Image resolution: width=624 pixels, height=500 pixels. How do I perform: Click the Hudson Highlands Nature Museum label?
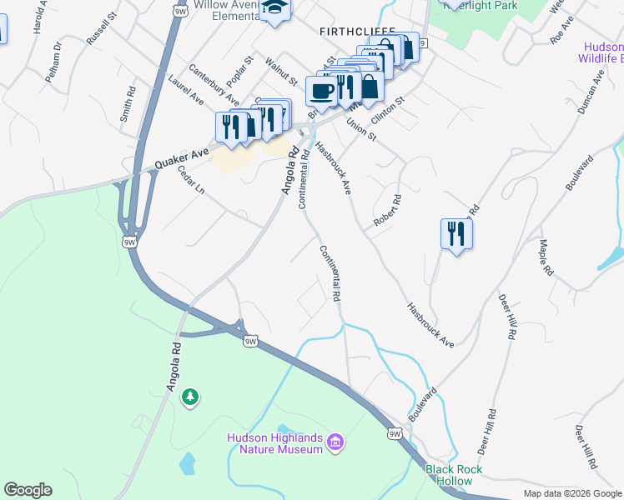274,444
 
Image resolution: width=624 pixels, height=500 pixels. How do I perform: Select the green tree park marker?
191,397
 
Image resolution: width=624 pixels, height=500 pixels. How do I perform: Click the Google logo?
28,490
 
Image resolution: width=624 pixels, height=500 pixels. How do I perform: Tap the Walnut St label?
281,72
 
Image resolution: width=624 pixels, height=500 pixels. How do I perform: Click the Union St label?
361,130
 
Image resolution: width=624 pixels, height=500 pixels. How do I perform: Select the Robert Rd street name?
388,212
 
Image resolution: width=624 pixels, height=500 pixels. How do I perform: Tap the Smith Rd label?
127,105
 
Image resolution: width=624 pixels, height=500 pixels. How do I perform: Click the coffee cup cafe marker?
321,91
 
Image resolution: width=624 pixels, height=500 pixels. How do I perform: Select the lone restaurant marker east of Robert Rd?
456,233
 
